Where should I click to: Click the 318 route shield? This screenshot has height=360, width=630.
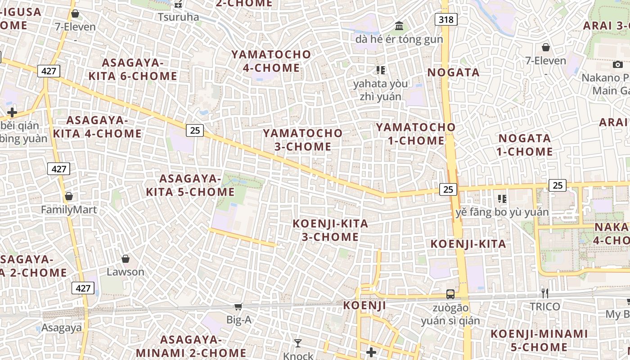[x=446, y=19]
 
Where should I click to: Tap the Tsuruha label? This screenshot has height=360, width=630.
[x=178, y=17]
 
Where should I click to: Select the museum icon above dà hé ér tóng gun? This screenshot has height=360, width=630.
[x=399, y=26]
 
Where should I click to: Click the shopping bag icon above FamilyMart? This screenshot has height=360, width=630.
[x=69, y=197]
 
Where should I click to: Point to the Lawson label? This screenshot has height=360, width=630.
[x=126, y=272]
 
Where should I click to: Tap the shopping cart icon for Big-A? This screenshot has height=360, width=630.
[x=238, y=307]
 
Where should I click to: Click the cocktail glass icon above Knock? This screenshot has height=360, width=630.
[x=298, y=343]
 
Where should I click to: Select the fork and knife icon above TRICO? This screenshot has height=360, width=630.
[x=545, y=293]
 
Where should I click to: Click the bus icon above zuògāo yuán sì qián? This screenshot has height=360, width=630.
[x=450, y=294]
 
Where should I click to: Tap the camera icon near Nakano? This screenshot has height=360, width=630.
[x=618, y=64]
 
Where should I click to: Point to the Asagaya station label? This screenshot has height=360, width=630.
[x=62, y=328]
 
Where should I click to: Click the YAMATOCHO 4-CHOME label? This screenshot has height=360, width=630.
[x=271, y=61]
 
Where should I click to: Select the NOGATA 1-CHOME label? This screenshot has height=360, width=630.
[x=525, y=145]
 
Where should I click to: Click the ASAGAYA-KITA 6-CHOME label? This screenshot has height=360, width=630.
[x=133, y=69]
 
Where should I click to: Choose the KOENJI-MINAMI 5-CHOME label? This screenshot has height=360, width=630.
[x=539, y=340]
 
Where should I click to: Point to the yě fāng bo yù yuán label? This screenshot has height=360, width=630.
[x=502, y=212]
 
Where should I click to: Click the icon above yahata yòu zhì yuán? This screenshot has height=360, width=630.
[x=381, y=70]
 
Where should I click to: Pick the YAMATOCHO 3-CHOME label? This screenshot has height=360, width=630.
[x=303, y=140]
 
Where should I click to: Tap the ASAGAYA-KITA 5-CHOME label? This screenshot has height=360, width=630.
[x=190, y=185]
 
